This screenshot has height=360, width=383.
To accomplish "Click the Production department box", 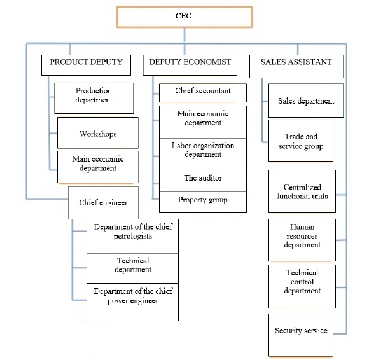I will pos(94,96).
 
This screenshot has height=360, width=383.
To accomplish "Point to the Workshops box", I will pos(97,134).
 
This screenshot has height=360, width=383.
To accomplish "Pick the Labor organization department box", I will pos(202,151).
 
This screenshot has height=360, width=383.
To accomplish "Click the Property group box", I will pos(202,201).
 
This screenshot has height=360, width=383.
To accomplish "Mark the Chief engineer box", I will pos(103,204).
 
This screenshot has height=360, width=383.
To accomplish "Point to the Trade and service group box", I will pos(301,141).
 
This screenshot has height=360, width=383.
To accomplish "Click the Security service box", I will pos(301,331).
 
